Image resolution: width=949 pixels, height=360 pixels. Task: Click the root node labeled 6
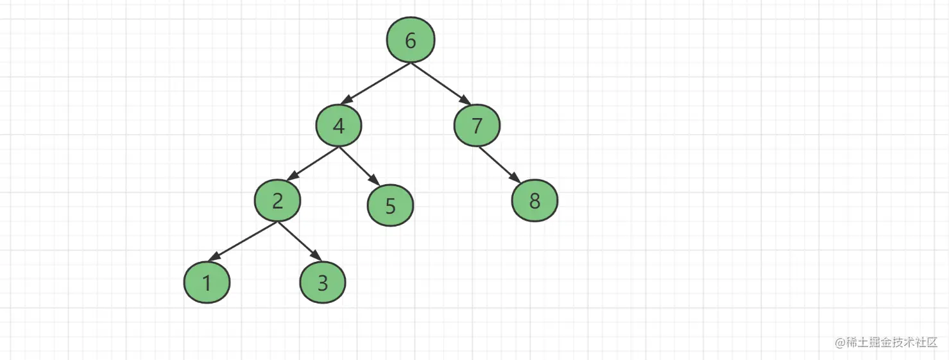click(x=411, y=40)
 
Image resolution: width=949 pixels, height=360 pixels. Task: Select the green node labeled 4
click(x=339, y=125)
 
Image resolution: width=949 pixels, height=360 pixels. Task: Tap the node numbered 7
click(x=477, y=125)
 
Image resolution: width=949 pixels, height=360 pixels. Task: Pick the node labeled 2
click(x=277, y=200)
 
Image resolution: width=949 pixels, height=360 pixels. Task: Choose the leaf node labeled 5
click(x=390, y=205)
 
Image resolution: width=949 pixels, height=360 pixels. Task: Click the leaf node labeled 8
click(x=534, y=200)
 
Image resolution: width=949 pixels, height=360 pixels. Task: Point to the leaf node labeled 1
click(x=207, y=282)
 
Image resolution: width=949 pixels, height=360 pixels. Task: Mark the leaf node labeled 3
click(x=323, y=282)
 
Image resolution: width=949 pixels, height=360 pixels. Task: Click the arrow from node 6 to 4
click(x=375, y=83)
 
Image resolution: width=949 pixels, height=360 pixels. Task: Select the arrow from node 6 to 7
click(x=441, y=84)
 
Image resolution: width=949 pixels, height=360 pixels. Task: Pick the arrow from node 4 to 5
click(x=359, y=166)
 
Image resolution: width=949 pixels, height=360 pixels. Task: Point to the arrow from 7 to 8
click(x=499, y=165)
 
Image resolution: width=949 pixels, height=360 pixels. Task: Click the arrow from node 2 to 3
click(x=300, y=241)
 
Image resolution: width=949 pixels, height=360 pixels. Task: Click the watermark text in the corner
click(x=886, y=342)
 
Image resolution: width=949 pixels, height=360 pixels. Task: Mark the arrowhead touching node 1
click(x=214, y=257)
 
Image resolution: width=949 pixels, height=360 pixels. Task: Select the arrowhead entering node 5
click(x=375, y=180)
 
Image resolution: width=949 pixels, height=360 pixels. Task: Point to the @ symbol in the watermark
click(x=840, y=343)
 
